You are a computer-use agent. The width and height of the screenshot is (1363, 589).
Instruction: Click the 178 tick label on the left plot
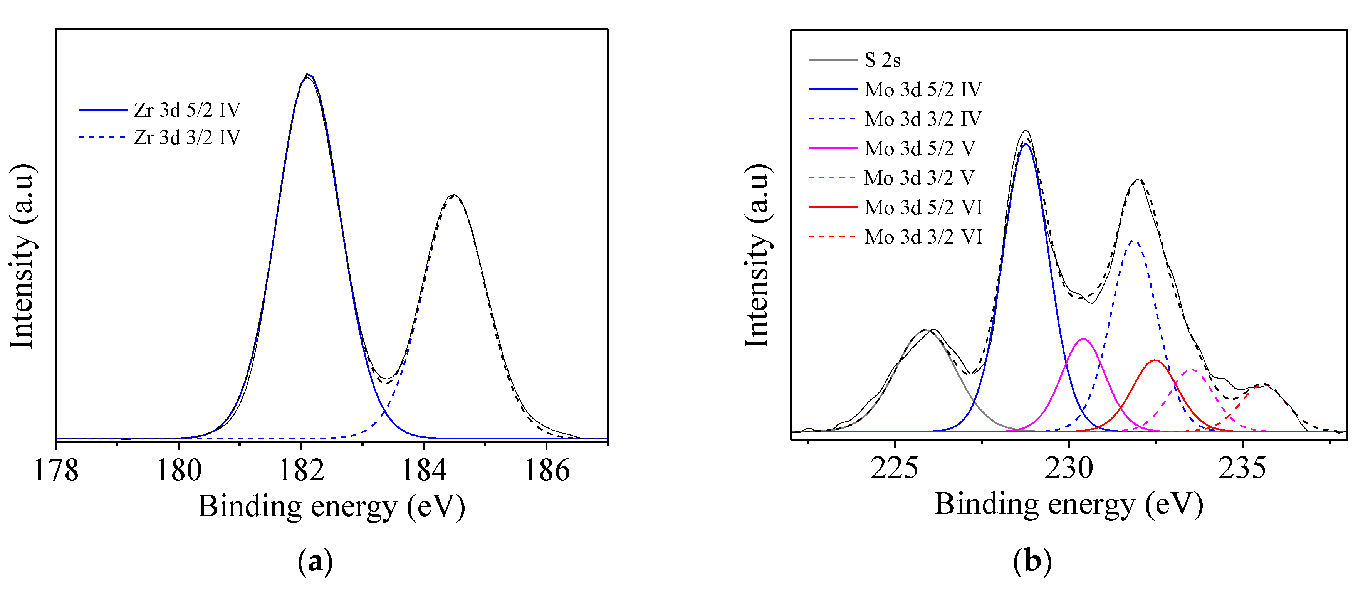pyautogui.click(x=56, y=470)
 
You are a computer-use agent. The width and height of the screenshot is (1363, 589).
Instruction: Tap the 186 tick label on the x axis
pyautogui.click(x=547, y=470)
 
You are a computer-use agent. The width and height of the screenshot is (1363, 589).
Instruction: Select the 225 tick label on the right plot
pyautogui.click(x=894, y=468)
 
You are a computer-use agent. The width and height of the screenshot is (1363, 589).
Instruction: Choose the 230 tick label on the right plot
pyautogui.click(x=1068, y=468)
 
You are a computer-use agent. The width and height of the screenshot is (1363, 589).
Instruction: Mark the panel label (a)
pyautogui.click(x=316, y=561)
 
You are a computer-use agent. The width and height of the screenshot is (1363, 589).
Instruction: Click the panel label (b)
pyautogui.click(x=1032, y=561)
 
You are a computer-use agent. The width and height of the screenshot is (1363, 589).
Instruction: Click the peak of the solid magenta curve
pyautogui.click(x=1083, y=339)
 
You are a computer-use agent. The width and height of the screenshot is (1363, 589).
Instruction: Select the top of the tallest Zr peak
pyautogui.click(x=307, y=75)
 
